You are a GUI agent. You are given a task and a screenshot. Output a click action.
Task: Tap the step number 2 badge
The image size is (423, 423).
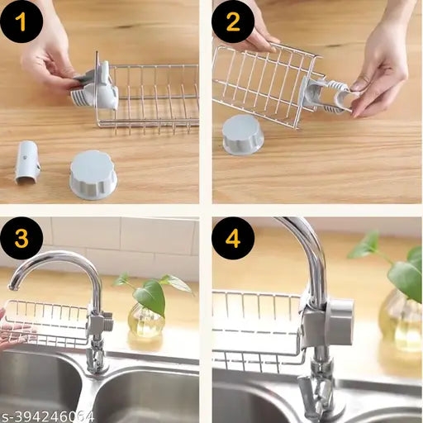tap(233, 21)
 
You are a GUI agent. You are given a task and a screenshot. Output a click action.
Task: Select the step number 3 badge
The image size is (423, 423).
tap(21, 240)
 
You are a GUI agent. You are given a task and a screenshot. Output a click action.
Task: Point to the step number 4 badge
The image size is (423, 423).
tap(233, 240)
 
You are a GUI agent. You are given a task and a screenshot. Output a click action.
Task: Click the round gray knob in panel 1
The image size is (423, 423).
tap(93, 173)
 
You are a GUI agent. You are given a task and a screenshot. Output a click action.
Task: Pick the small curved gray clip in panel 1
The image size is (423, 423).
tap(27, 161)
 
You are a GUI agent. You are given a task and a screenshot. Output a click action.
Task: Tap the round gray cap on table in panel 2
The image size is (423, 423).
tap(243, 134)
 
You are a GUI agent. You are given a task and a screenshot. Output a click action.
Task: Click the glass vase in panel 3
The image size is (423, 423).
tap(146, 321)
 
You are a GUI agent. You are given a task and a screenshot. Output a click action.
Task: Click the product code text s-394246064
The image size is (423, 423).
tap(47, 415)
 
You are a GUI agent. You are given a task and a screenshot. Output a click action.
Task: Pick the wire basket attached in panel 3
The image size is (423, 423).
tap(50, 324)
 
